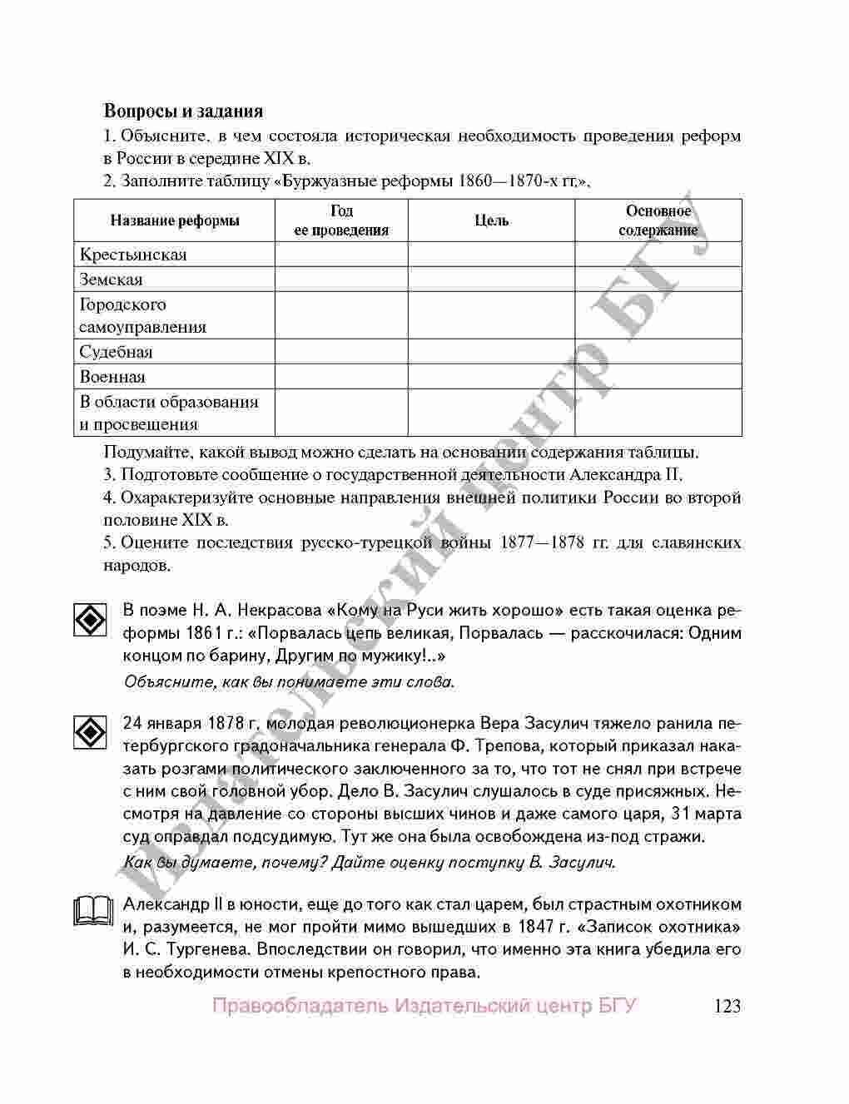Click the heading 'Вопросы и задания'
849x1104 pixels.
coord(183,111)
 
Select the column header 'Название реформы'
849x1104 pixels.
coord(175,220)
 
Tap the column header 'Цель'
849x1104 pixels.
coord(491,220)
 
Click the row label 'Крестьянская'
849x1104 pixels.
coord(133,255)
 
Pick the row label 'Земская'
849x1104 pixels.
coord(112,280)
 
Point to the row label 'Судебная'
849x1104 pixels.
coord(117,352)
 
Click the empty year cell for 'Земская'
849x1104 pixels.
coord(341,280)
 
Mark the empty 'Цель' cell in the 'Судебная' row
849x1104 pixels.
coord(491,352)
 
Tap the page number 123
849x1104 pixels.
coord(727,1006)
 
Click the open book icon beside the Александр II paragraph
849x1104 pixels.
coord(92,912)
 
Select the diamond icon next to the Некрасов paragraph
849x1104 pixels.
coord(90,621)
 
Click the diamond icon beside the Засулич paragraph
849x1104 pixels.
coord(90,732)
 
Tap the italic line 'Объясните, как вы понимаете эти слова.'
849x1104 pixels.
coord(289,682)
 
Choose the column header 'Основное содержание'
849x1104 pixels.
coord(658,220)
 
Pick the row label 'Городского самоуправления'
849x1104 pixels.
coord(143,315)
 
